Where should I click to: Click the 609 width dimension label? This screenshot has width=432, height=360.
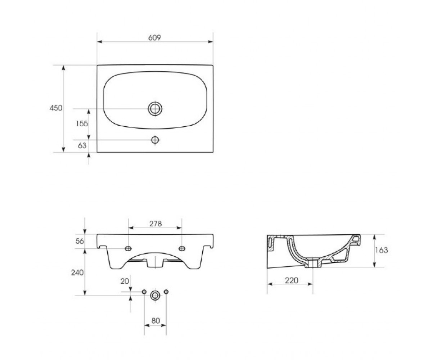coord(154,37)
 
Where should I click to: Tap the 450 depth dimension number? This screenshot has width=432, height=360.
coord(56,108)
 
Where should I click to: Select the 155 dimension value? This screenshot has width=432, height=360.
coord(82,123)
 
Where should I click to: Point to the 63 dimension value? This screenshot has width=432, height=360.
coord(82,145)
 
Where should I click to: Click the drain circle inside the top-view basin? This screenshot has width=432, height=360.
coord(155,109)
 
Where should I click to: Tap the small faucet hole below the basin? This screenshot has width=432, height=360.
coord(155,140)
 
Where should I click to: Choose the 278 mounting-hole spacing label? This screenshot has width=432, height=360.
coord(156,224)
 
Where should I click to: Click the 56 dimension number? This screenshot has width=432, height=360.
coord(80,241)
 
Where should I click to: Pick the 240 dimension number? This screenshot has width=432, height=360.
coord(77,273)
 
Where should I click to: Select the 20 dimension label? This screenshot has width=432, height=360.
coord(125,281)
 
